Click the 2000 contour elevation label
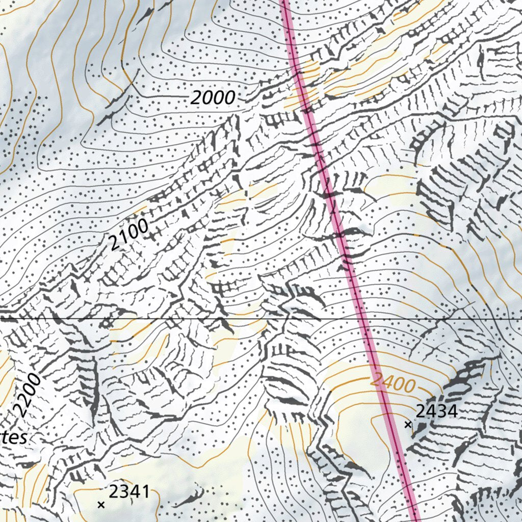click(x=213, y=97)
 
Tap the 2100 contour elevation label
click(x=129, y=234)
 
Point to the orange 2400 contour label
click(x=393, y=382)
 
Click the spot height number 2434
click(x=436, y=411)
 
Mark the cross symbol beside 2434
click(x=408, y=424)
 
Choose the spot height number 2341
click(x=129, y=492)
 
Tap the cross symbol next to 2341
click(x=101, y=505)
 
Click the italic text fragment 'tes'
click(x=14, y=438)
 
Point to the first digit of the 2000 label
click(x=196, y=98)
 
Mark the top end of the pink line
click(x=284, y=2)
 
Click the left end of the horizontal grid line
click(x=1, y=319)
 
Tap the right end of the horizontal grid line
click(x=520, y=319)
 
